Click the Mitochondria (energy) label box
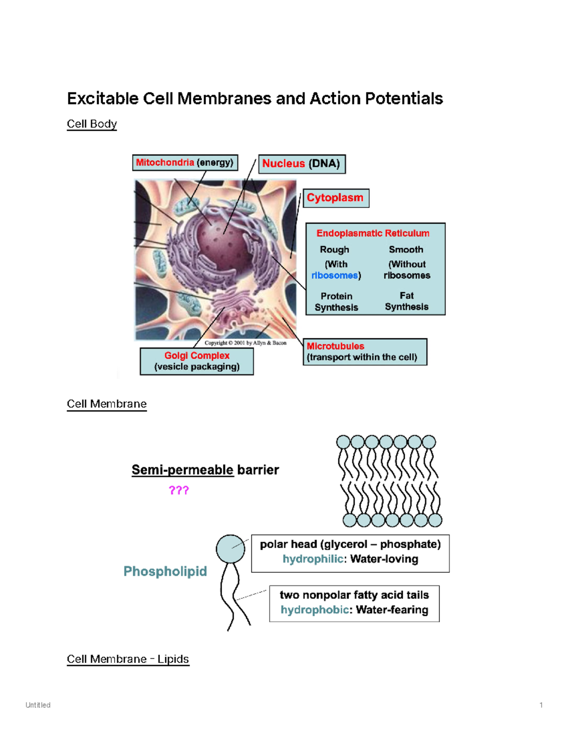pos(185,163)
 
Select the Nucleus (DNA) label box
pos(302,164)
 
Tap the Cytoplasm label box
pos(336,198)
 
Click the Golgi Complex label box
pos(197,361)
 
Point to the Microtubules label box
pos(364,352)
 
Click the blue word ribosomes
pos(335,275)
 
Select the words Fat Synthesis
pos(407,301)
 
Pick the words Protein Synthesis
pos(337,301)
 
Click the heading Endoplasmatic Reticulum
pos(373,233)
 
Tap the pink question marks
pos(179,490)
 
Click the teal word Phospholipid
pos(165,571)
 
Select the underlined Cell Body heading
pos(92,124)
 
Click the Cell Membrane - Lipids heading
pos(128,659)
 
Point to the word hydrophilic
pos(312,559)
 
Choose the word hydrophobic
pos(314,610)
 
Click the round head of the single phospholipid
pos(230,549)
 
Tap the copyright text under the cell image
pos(245,343)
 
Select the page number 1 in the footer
pos(541,705)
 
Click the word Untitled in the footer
pos(38,705)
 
